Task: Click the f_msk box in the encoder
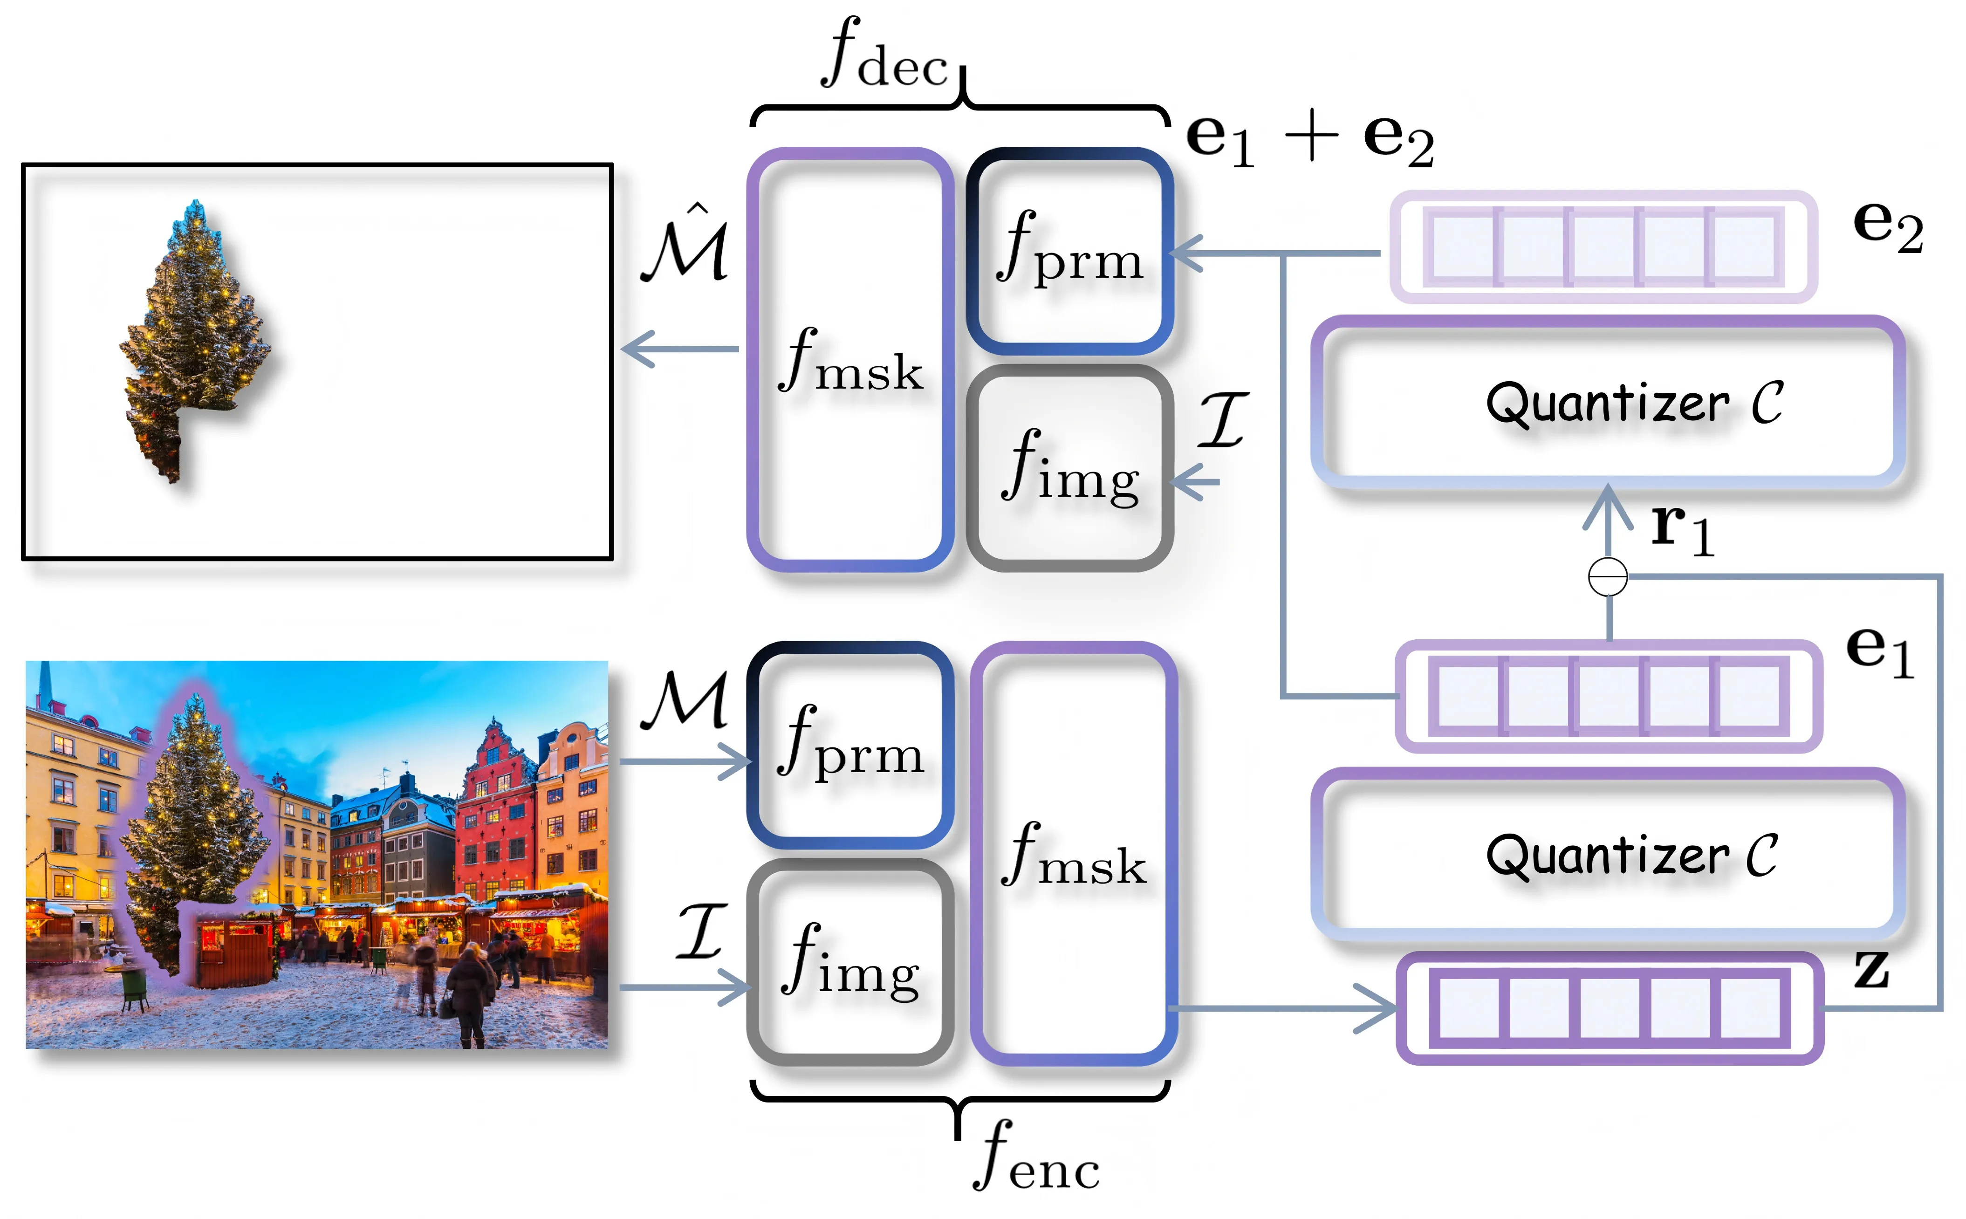tap(1073, 853)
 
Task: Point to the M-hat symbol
tap(685, 246)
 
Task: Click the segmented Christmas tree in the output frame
tap(193, 339)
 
